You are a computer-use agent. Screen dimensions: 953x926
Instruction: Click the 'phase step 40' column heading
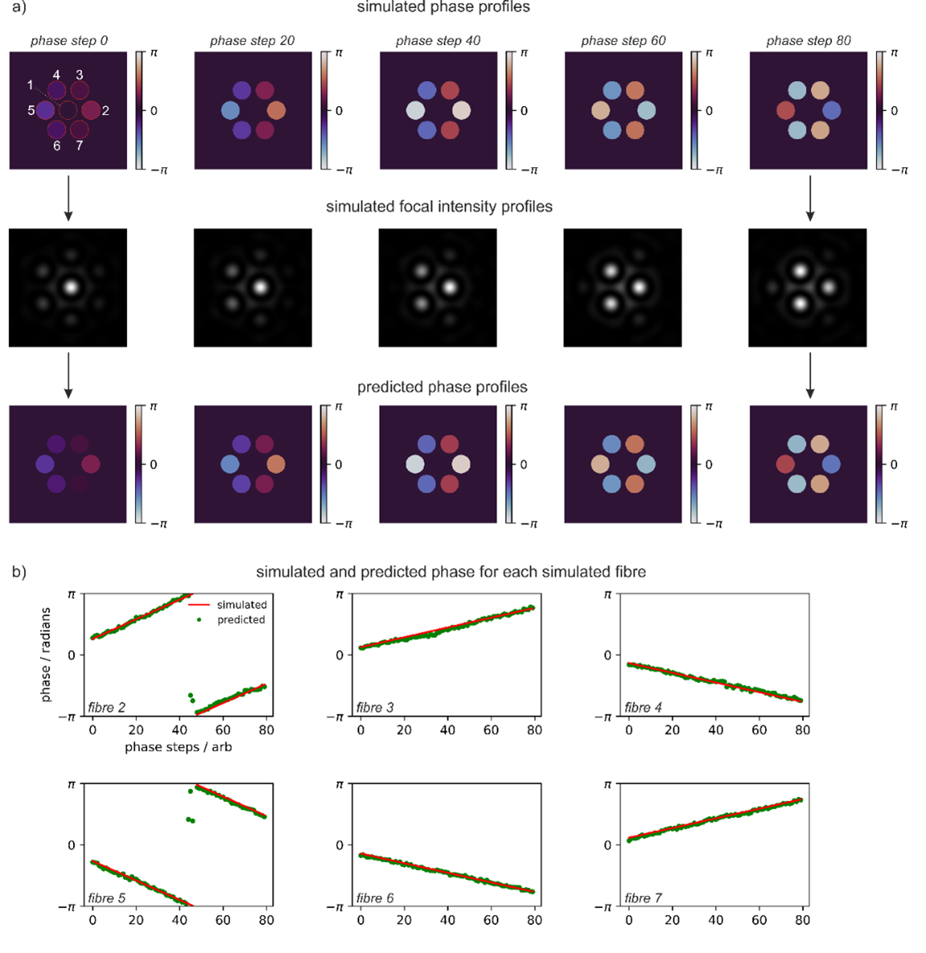tap(438, 41)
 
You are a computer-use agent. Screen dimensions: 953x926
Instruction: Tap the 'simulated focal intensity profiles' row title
tap(439, 207)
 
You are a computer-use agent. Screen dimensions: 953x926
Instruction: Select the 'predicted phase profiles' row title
tap(443, 387)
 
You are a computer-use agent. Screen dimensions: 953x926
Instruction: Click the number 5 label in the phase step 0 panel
tap(31, 110)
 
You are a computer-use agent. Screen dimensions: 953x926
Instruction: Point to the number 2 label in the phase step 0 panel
tap(105, 111)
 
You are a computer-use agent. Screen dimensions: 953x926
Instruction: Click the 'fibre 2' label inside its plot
tap(107, 708)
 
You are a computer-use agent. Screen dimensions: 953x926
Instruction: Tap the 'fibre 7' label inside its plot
tap(643, 898)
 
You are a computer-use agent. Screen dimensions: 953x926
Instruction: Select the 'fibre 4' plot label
tap(643, 708)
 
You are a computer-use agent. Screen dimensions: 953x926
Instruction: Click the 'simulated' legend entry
tap(241, 605)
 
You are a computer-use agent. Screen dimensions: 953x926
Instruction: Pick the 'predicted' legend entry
tap(241, 620)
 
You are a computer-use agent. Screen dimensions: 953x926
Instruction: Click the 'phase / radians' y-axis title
tap(46, 655)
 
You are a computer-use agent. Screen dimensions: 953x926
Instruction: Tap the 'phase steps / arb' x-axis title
tap(178, 747)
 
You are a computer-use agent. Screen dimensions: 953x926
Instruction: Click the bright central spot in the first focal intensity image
tap(71, 286)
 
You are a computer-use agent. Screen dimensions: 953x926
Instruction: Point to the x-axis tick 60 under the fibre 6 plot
tap(491, 920)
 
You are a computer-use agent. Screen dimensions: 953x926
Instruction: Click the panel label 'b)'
tap(18, 572)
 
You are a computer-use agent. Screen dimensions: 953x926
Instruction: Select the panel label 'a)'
tap(18, 7)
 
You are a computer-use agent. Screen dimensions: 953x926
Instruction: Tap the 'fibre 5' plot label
tap(107, 898)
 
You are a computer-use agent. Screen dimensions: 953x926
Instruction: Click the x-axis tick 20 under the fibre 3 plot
tap(404, 730)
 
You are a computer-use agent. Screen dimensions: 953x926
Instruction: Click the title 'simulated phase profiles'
tap(443, 7)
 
